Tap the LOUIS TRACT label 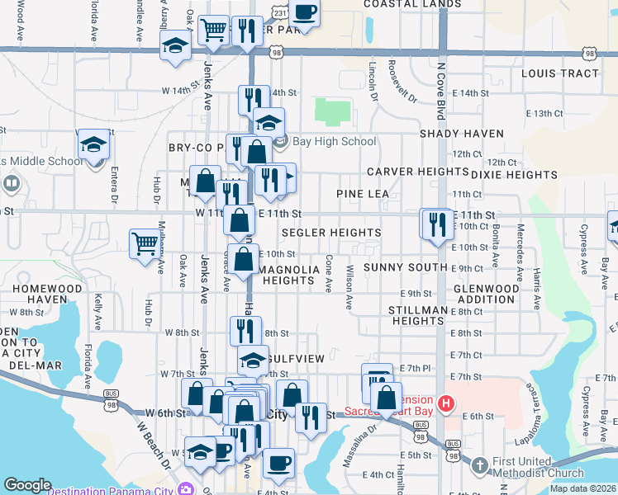[560, 73]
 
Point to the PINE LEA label [362, 194]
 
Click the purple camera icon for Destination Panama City [188, 488]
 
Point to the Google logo [27, 485]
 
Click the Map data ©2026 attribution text [582, 488]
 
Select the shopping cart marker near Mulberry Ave [145, 243]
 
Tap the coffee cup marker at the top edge [304, 12]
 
